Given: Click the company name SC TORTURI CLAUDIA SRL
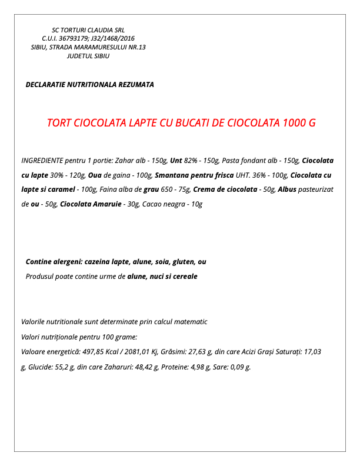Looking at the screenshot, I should click(88, 29).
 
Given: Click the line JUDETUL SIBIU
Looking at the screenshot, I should click(88, 56).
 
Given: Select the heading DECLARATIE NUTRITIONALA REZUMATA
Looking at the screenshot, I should click(89, 85).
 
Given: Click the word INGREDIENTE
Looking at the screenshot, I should click(42, 160).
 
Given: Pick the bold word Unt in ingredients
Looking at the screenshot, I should click(176, 160).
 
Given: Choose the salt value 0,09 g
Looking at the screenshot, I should click(238, 367).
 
